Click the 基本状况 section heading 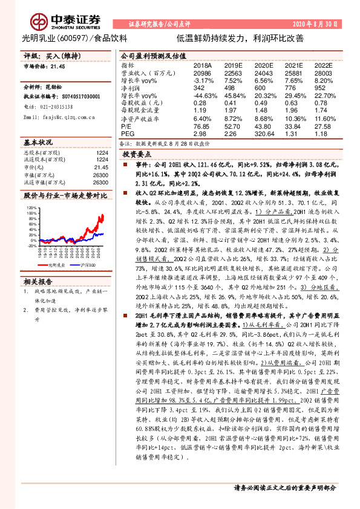click(39, 142)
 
